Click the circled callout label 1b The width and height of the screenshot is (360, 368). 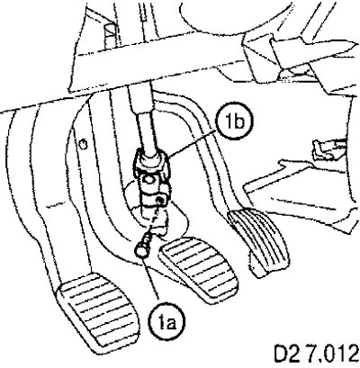pyautogui.click(x=234, y=122)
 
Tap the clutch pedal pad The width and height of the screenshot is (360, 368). pyautogui.click(x=97, y=312)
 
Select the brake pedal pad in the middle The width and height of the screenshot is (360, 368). pyautogui.click(x=200, y=268)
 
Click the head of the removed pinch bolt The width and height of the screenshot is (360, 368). pyautogui.click(x=141, y=250)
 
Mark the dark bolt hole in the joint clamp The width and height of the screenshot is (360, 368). pyautogui.click(x=162, y=201)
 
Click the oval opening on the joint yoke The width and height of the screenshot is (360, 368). pyautogui.click(x=148, y=181)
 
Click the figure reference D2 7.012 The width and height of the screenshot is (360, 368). pyautogui.click(x=317, y=355)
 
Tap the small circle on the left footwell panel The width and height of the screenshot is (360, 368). pyautogui.click(x=84, y=145)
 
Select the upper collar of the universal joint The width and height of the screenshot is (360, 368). pyautogui.click(x=151, y=162)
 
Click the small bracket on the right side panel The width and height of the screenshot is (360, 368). pyautogui.click(x=326, y=149)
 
